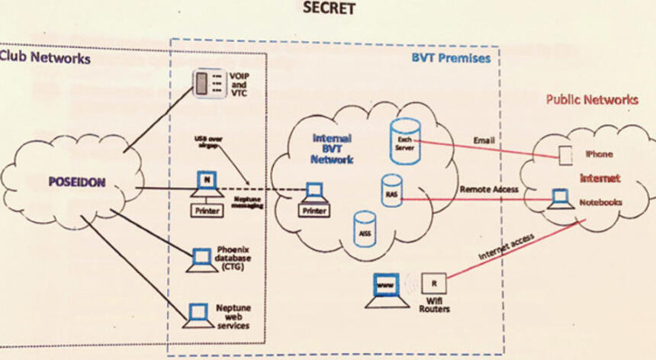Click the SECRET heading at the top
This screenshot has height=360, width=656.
[x=329, y=9]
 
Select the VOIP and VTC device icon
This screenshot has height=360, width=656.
[x=201, y=83]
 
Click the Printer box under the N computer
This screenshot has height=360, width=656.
[x=206, y=210]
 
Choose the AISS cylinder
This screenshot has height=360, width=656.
[x=365, y=228]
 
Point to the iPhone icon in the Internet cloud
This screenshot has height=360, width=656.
[x=565, y=156]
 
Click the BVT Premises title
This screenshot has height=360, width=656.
[x=452, y=58]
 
